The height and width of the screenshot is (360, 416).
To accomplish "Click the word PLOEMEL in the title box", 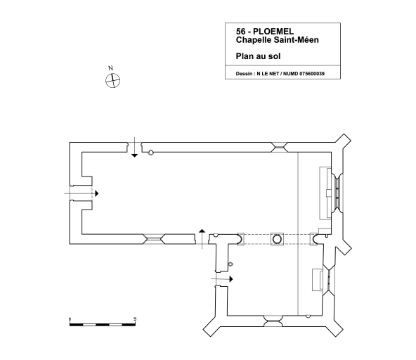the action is click(273, 32).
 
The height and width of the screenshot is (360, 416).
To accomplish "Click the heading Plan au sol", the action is click(258, 56).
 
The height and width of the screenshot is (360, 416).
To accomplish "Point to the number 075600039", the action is click(312, 74).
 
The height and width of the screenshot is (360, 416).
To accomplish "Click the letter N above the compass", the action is click(110, 68).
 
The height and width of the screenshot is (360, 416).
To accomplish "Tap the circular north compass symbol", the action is click(112, 81).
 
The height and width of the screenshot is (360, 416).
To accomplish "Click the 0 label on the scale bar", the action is click(70, 319).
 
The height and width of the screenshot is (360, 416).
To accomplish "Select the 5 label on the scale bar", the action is click(135, 319).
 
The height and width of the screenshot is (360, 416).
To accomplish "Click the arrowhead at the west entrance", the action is click(97, 193).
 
